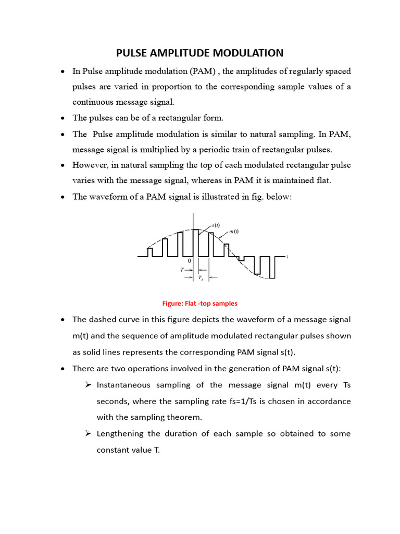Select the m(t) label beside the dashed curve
[234, 232]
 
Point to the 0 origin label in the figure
[190, 261]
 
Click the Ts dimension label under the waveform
[201, 278]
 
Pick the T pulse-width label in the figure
[182, 270]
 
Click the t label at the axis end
[287, 257]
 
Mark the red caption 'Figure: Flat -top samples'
[200, 303]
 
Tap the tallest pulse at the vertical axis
[195, 242]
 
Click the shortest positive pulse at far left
[150, 252]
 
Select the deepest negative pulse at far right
[272, 267]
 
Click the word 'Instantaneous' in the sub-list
[123, 385]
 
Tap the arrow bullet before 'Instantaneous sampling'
[87, 385]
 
